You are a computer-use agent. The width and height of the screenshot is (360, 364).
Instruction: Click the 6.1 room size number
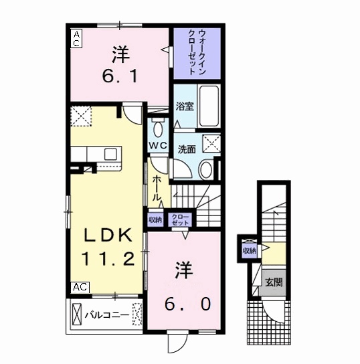click(120, 77)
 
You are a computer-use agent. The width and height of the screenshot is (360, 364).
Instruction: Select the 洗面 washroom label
click(187, 149)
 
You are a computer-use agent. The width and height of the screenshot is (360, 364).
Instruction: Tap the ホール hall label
click(157, 188)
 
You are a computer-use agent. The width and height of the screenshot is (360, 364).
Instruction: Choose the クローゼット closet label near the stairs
click(181, 219)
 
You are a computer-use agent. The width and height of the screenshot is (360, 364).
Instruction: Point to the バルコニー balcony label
click(107, 312)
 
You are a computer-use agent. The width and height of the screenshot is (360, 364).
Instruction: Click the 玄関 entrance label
click(272, 282)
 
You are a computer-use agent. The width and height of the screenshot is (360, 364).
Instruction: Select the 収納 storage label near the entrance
click(250, 251)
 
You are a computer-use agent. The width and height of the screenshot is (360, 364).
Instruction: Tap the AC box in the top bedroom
click(76, 38)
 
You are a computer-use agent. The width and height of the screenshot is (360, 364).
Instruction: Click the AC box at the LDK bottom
click(80, 287)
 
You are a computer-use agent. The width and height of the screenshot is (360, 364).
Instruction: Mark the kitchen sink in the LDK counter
click(109, 154)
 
